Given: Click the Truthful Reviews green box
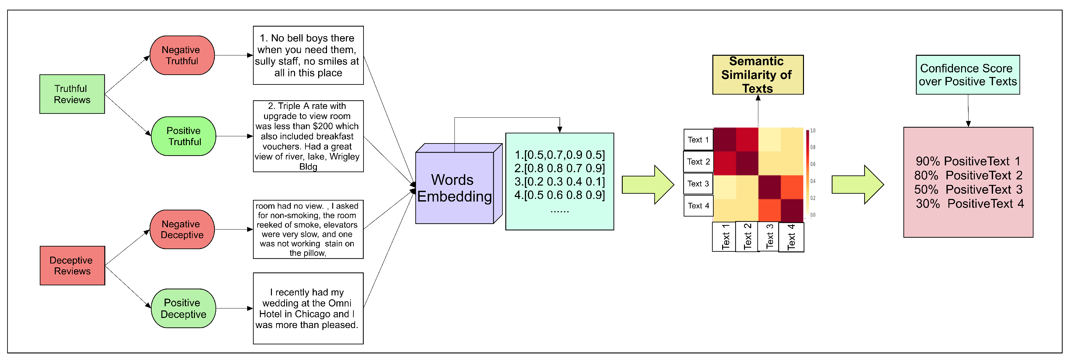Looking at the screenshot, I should pos(72,94).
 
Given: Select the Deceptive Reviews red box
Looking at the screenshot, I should pos(72,266).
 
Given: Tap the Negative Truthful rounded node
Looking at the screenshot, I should pos(182,55).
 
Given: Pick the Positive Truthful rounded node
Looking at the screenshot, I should pos(183,136).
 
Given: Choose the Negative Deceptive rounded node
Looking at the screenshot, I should pos(182,229).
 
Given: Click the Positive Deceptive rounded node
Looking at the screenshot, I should pos(183,308).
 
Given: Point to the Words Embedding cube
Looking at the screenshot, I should pos(454,188).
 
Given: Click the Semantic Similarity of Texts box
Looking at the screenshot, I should pos(758,75).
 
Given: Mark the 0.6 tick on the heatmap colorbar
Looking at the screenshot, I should pos(813,164).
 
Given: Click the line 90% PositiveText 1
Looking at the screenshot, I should pos(968,161).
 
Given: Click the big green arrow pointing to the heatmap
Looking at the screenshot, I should pos(647,185).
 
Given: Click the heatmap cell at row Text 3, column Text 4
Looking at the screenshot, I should pos(792,187).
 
